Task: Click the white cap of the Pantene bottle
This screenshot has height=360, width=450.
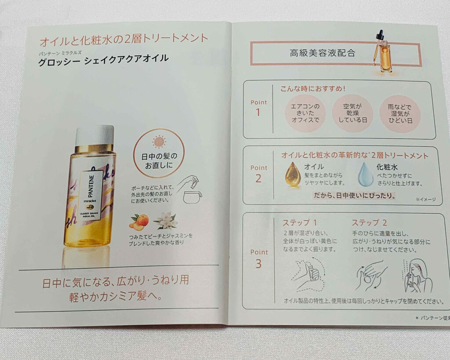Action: click(x=94, y=135)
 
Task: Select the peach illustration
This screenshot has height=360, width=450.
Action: click(x=139, y=221)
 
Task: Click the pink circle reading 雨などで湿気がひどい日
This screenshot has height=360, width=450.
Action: click(x=400, y=113)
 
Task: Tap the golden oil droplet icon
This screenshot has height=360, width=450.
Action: click(x=293, y=175)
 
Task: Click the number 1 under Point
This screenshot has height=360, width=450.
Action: click(x=258, y=112)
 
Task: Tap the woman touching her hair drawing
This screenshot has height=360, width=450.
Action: click(x=417, y=275)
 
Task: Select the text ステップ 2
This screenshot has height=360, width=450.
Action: click(x=370, y=222)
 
